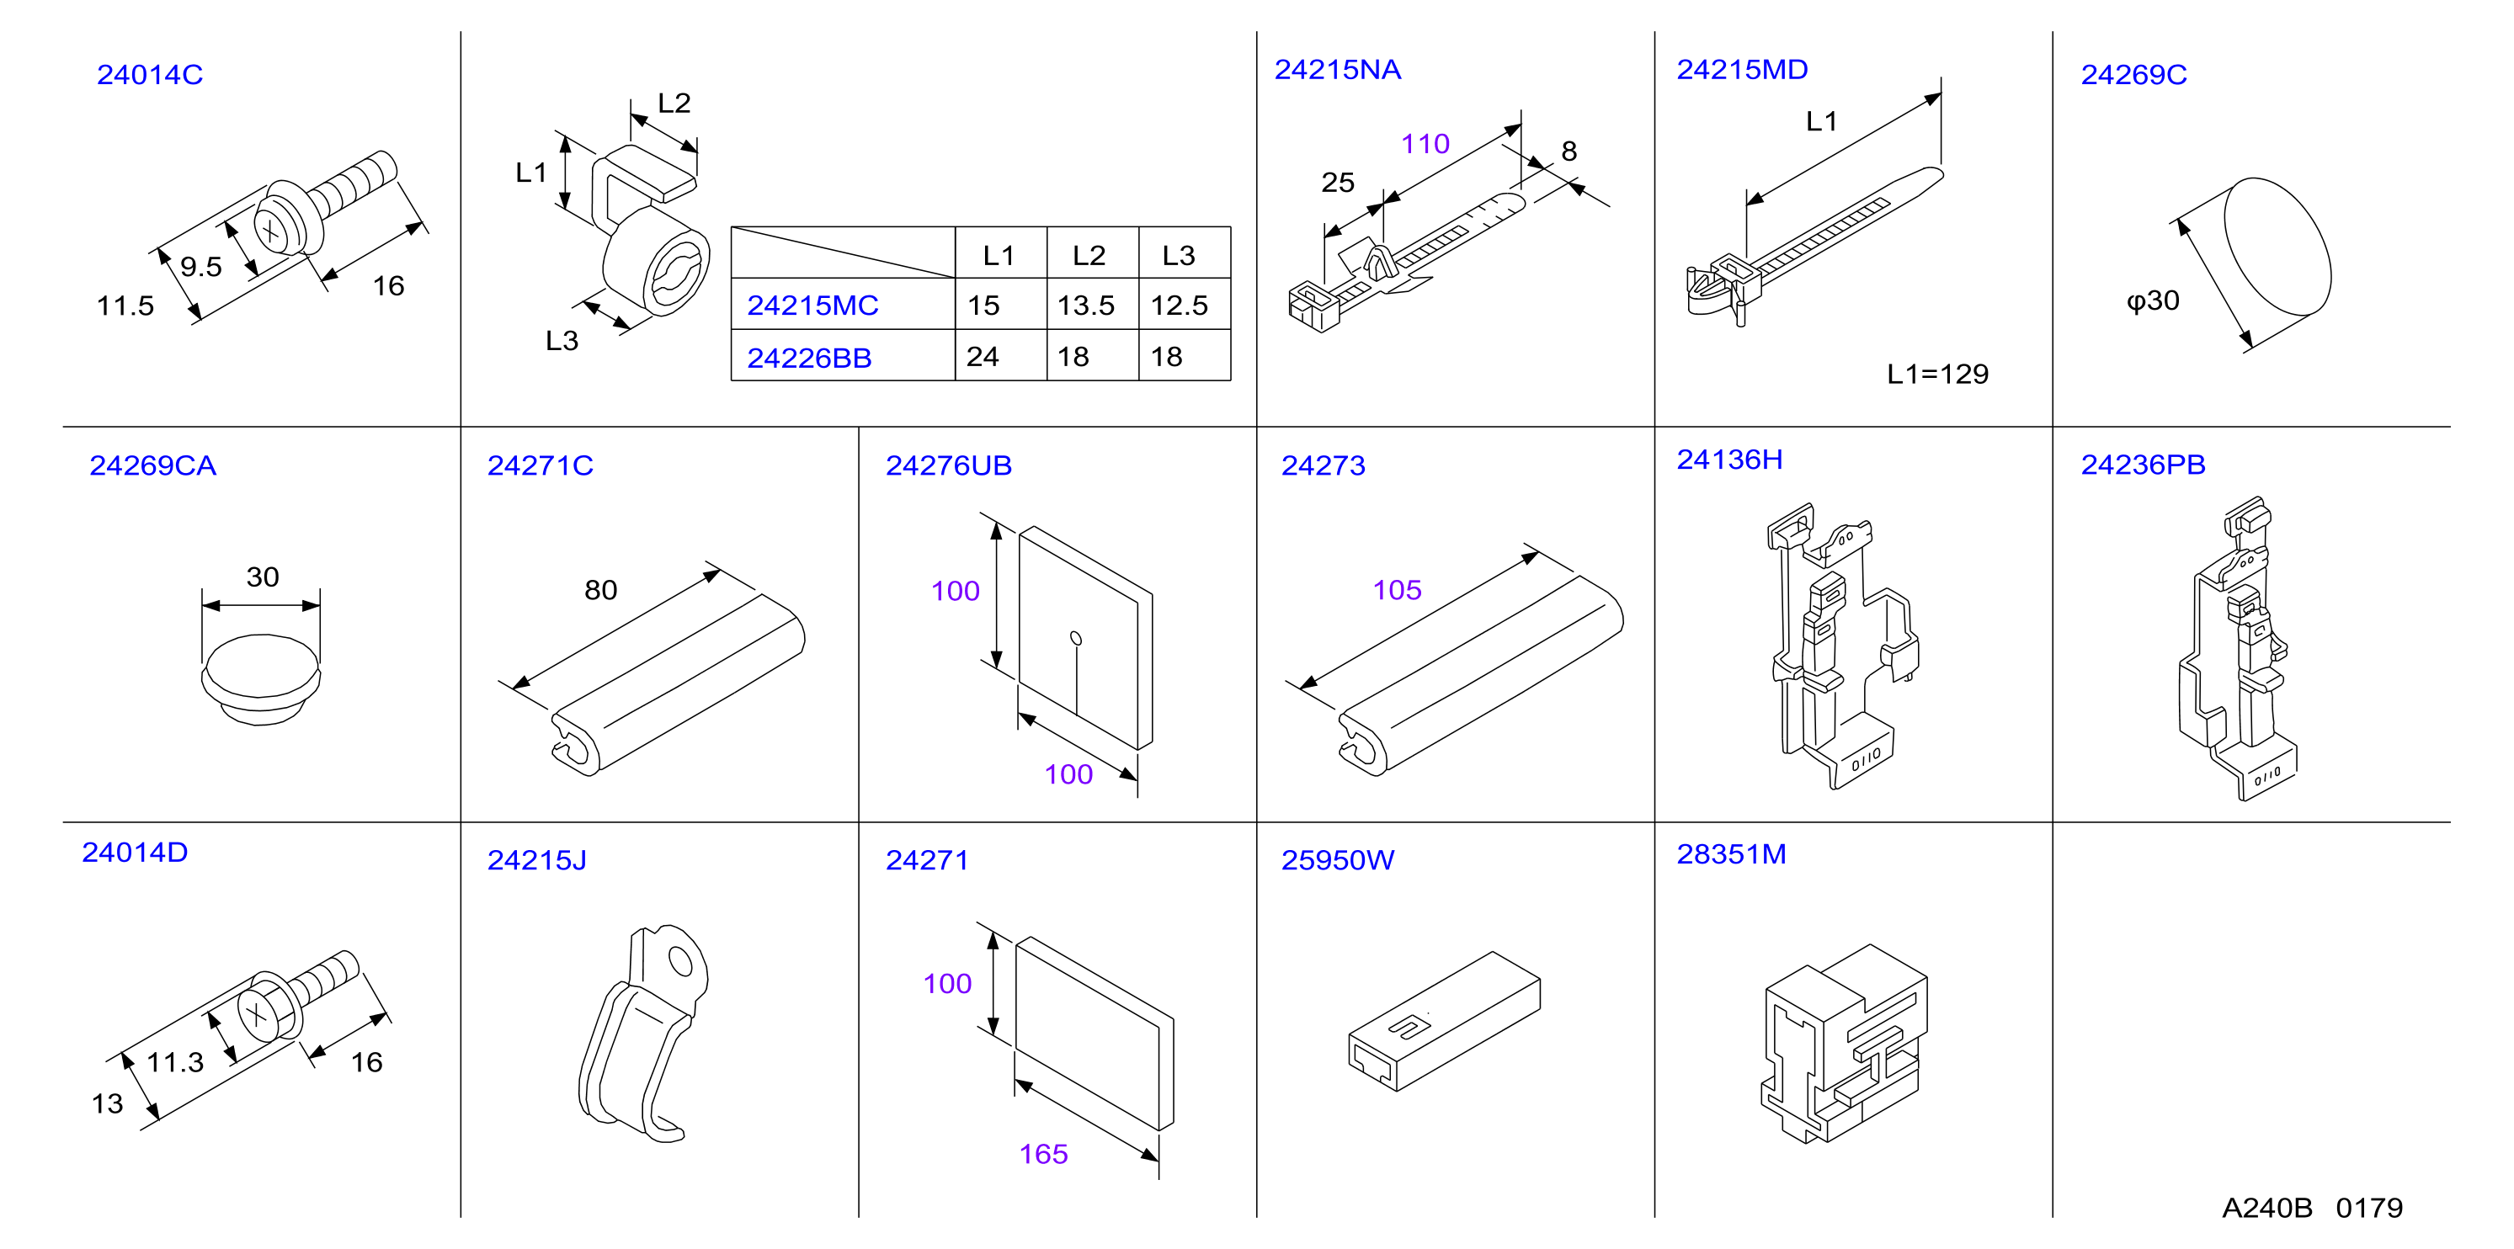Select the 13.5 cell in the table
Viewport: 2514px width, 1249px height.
tap(1085, 306)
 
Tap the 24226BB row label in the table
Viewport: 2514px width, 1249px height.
tap(809, 358)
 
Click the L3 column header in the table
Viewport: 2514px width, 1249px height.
tap(1178, 256)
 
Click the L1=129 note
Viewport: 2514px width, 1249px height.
tap(1937, 374)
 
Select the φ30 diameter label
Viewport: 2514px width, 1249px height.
tap(2153, 300)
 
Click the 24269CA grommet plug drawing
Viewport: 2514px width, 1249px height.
tap(260, 678)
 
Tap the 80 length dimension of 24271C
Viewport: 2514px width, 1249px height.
tap(601, 589)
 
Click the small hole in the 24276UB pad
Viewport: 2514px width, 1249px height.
tap(1075, 638)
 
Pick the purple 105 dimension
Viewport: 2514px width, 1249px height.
tap(1398, 589)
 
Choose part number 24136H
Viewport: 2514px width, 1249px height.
tap(1729, 460)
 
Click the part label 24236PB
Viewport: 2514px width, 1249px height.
tap(2144, 465)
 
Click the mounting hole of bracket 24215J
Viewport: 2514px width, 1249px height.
tap(680, 963)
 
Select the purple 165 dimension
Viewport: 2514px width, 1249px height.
tap(1043, 1155)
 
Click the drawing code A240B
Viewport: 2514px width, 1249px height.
tap(2267, 1208)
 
